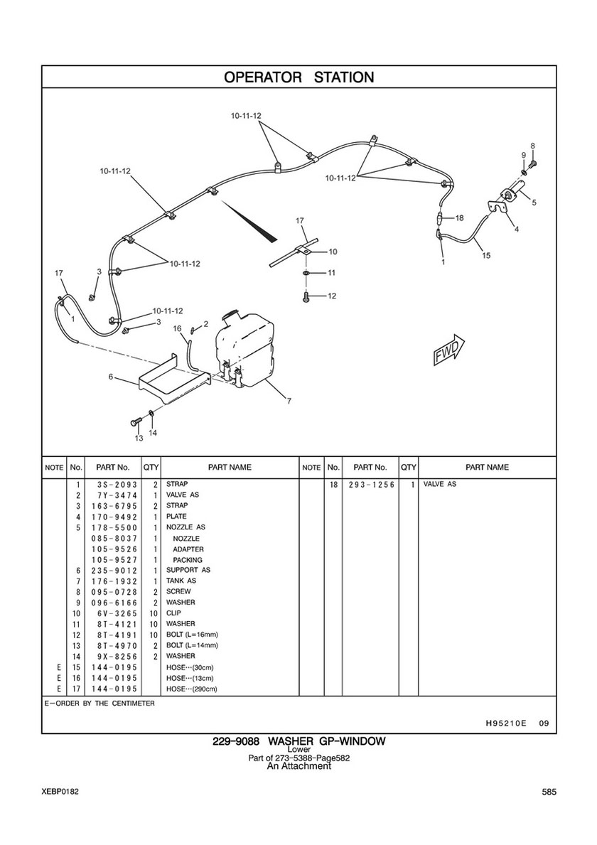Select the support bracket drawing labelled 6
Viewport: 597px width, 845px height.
pyautogui.click(x=173, y=380)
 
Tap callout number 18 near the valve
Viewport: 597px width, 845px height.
pyautogui.click(x=459, y=218)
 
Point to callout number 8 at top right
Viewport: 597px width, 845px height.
pyautogui.click(x=532, y=146)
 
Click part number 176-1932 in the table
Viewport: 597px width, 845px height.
pyautogui.click(x=114, y=581)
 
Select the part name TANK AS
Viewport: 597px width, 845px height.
pyautogui.click(x=181, y=581)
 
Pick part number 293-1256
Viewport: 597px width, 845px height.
pyautogui.click(x=372, y=485)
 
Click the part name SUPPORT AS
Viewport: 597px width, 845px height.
pyautogui.click(x=188, y=570)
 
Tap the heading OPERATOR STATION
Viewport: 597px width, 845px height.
pyautogui.click(x=298, y=77)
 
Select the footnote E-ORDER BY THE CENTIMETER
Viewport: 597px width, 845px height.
pyautogui.click(x=99, y=704)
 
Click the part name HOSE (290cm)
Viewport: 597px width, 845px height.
pyautogui.click(x=191, y=689)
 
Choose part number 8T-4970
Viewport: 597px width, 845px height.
pyautogui.click(x=114, y=645)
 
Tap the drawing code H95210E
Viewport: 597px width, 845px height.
pyautogui.click(x=502, y=723)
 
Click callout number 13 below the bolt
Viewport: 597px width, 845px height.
pyautogui.click(x=139, y=438)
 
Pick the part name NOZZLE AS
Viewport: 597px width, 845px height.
pyautogui.click(x=185, y=527)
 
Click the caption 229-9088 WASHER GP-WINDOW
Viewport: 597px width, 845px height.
pyautogui.click(x=299, y=741)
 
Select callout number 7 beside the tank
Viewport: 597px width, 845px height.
pyautogui.click(x=289, y=400)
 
